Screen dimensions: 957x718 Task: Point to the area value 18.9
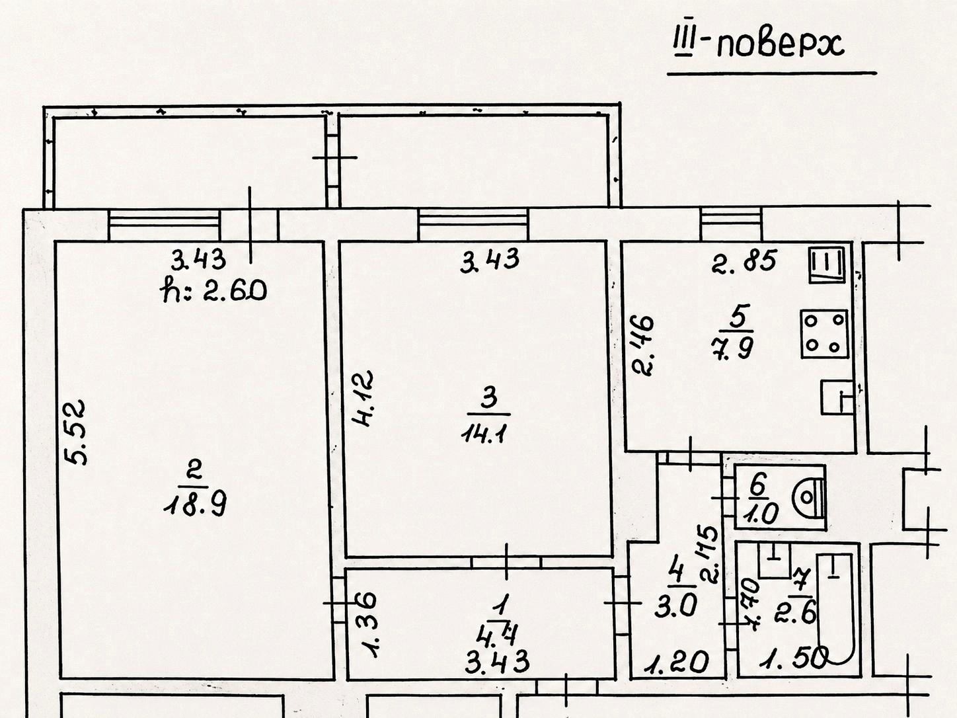[195, 506]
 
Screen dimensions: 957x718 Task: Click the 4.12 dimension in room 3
[364, 398]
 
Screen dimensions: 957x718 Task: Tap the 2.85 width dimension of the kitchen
[744, 261]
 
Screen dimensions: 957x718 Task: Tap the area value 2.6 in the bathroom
[795, 614]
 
